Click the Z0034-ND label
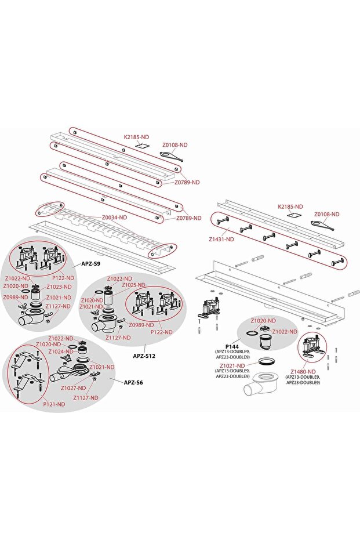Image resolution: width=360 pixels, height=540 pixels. pos(114,218)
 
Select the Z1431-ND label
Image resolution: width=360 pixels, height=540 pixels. pos(221,239)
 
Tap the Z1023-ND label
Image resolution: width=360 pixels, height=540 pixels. pos(59,287)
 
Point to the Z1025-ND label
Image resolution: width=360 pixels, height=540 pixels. pos(133,285)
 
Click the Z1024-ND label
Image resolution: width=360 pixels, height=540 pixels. pos(60,351)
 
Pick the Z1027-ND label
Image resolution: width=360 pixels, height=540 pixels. pos(73,388)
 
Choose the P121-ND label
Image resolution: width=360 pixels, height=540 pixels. pos(54,404)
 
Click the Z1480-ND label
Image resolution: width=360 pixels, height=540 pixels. pos(303,372)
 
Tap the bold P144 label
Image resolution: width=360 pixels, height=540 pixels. pos(232,347)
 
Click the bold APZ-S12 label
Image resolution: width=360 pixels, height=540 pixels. pos(144,356)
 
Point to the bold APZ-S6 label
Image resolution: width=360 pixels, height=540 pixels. pos(133,382)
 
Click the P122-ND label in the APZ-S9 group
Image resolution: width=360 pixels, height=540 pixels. pos(63,278)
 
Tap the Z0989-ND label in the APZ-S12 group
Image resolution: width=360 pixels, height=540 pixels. pos(141,325)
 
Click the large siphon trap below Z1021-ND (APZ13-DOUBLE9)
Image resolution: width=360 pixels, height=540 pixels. pos(261,385)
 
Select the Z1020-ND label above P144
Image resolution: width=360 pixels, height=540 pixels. pos(263,321)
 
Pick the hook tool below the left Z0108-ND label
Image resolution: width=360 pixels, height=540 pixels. pos(172,155)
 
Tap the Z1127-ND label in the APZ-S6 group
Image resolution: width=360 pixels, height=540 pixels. pos(86,397)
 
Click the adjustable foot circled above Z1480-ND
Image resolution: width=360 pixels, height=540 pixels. pos(313,346)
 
